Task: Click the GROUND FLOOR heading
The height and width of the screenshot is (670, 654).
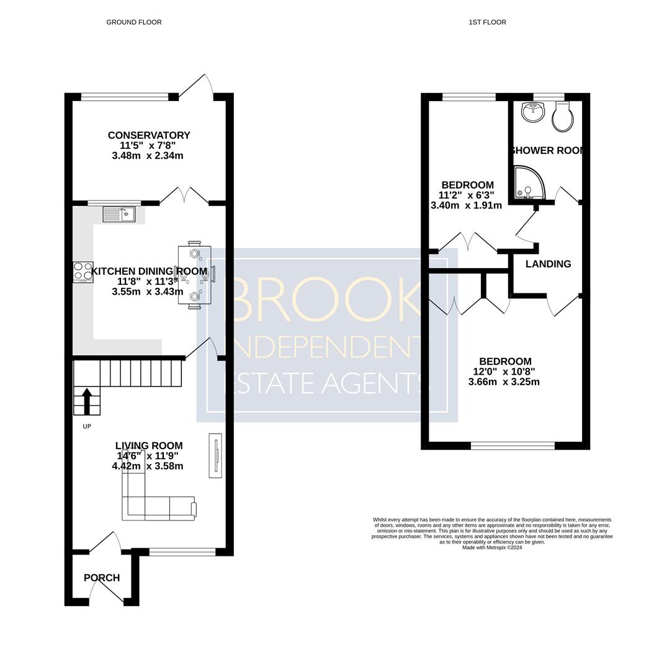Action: [x=134, y=22]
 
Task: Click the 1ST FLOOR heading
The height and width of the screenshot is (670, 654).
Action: [x=487, y=22]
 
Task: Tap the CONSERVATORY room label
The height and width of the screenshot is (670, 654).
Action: [x=149, y=135]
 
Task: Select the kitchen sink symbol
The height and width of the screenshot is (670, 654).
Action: [x=119, y=214]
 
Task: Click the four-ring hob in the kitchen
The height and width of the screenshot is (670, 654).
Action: [x=83, y=272]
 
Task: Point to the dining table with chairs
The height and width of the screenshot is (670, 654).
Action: [x=195, y=275]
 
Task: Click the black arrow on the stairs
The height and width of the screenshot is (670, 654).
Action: [x=87, y=401]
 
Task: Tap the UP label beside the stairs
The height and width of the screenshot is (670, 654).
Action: [x=87, y=426]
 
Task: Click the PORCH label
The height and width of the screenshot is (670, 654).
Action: [x=102, y=578]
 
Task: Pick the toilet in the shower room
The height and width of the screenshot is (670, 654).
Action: [x=560, y=116]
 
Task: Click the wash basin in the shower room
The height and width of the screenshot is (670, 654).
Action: [x=532, y=112]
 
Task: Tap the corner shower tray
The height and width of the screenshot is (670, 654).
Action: [x=528, y=182]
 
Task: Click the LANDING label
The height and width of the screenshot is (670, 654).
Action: [x=549, y=264]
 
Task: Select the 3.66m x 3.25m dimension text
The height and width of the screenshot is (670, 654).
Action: [x=504, y=382]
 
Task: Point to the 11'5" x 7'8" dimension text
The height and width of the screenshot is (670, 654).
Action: [x=148, y=145]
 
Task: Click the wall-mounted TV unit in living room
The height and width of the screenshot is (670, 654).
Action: [x=215, y=455]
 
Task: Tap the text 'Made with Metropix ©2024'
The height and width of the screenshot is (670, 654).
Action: [x=492, y=547]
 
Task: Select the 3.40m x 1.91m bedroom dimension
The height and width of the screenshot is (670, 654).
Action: [x=467, y=205]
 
